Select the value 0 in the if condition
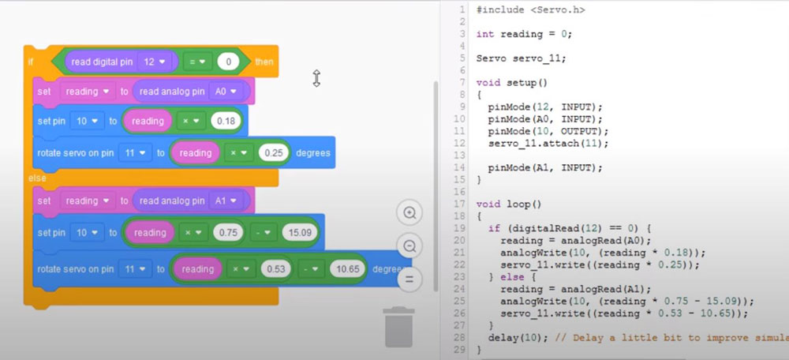(228, 62)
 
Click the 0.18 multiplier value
(226, 122)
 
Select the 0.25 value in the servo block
(272, 152)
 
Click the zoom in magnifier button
(409, 213)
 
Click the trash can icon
(399, 327)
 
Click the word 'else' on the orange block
(37, 178)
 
